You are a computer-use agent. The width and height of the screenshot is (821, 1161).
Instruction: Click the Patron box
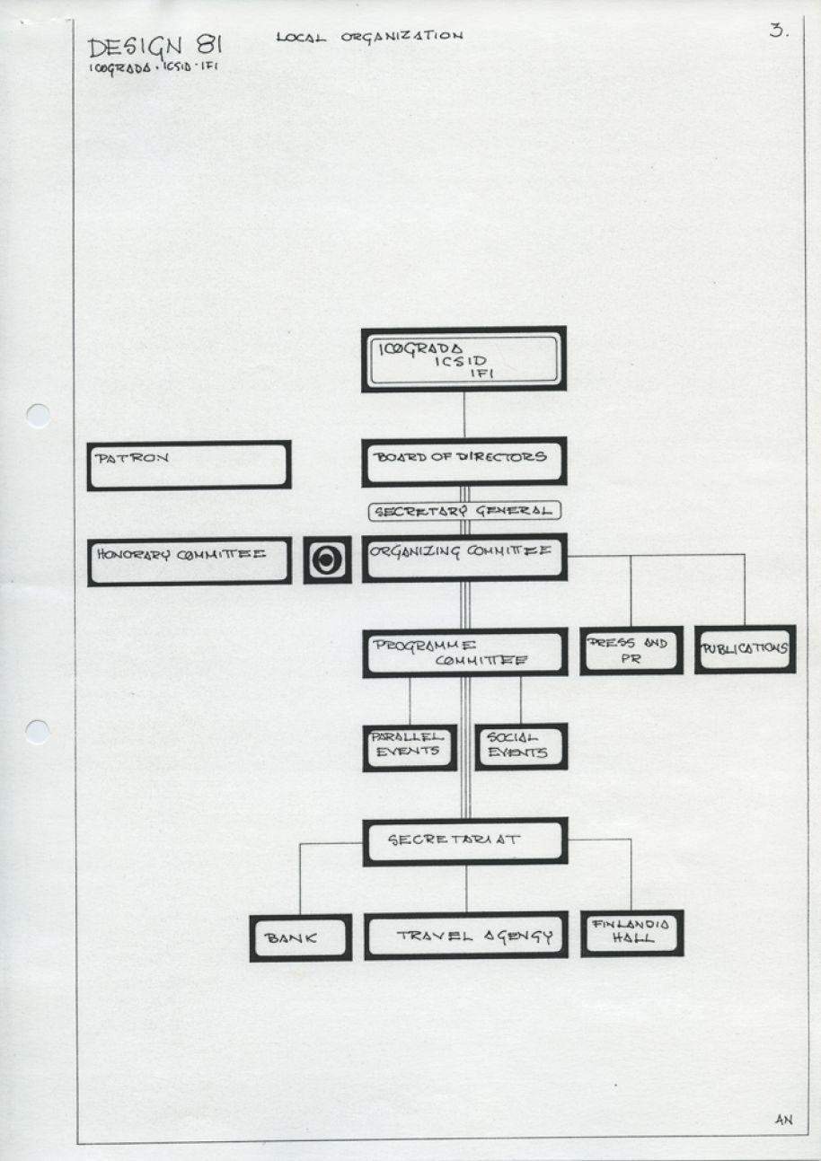click(x=189, y=465)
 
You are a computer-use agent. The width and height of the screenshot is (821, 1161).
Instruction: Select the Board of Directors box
click(x=464, y=462)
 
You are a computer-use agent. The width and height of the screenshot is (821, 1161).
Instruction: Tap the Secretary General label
click(x=464, y=511)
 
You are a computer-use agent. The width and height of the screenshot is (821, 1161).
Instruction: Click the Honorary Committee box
click(x=190, y=561)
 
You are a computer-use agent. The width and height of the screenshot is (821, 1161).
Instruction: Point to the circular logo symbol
click(x=327, y=559)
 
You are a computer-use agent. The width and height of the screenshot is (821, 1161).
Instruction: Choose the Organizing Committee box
click(x=464, y=558)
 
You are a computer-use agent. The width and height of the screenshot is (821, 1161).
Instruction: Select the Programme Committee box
click(x=465, y=653)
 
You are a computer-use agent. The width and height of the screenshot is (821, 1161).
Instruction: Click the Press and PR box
click(x=631, y=650)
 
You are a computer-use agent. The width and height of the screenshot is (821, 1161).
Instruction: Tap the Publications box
click(x=746, y=649)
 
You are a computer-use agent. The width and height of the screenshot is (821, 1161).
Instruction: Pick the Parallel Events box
click(x=410, y=748)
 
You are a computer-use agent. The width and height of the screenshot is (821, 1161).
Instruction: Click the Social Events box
click(x=521, y=746)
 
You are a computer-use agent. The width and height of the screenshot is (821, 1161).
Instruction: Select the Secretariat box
click(x=465, y=842)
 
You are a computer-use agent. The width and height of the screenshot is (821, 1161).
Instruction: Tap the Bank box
click(x=301, y=938)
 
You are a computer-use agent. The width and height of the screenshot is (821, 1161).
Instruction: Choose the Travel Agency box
click(x=466, y=936)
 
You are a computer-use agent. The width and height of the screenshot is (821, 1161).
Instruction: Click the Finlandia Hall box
click(x=632, y=934)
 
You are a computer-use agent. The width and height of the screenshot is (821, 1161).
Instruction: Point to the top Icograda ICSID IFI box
click(x=463, y=359)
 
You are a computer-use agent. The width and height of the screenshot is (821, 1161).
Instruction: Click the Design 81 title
click(x=155, y=48)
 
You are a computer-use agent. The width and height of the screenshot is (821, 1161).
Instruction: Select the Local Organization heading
click(x=369, y=37)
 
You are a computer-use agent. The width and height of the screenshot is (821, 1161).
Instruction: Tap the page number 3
click(x=779, y=31)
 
